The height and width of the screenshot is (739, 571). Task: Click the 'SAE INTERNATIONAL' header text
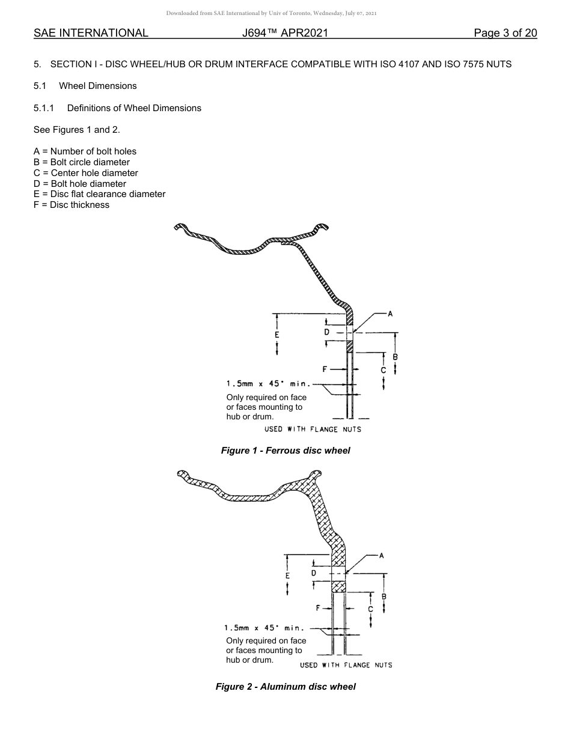click(91, 33)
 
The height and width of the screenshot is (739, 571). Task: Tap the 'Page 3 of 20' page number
click(505, 33)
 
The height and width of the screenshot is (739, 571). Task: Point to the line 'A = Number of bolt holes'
click(85, 151)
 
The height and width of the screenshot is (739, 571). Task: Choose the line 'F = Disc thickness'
click(72, 205)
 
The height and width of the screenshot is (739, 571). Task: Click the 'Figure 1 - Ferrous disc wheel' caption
click(285, 451)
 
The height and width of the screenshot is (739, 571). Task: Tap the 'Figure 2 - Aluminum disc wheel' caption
click(285, 687)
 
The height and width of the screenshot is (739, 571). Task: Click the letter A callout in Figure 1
click(389, 314)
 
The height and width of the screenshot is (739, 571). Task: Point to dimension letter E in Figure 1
click(276, 334)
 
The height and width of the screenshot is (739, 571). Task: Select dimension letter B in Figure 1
click(395, 357)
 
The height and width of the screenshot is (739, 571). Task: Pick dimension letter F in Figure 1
click(325, 369)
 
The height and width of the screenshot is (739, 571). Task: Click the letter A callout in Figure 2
click(382, 555)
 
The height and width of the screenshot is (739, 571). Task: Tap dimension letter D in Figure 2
click(314, 573)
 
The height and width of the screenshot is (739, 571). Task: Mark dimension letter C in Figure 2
click(370, 609)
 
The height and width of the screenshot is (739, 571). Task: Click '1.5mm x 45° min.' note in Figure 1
click(268, 384)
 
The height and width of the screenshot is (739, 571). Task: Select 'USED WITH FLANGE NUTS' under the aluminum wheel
click(346, 665)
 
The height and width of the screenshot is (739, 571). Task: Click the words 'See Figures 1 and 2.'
click(77, 130)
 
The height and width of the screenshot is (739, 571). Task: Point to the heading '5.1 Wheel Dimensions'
click(85, 86)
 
